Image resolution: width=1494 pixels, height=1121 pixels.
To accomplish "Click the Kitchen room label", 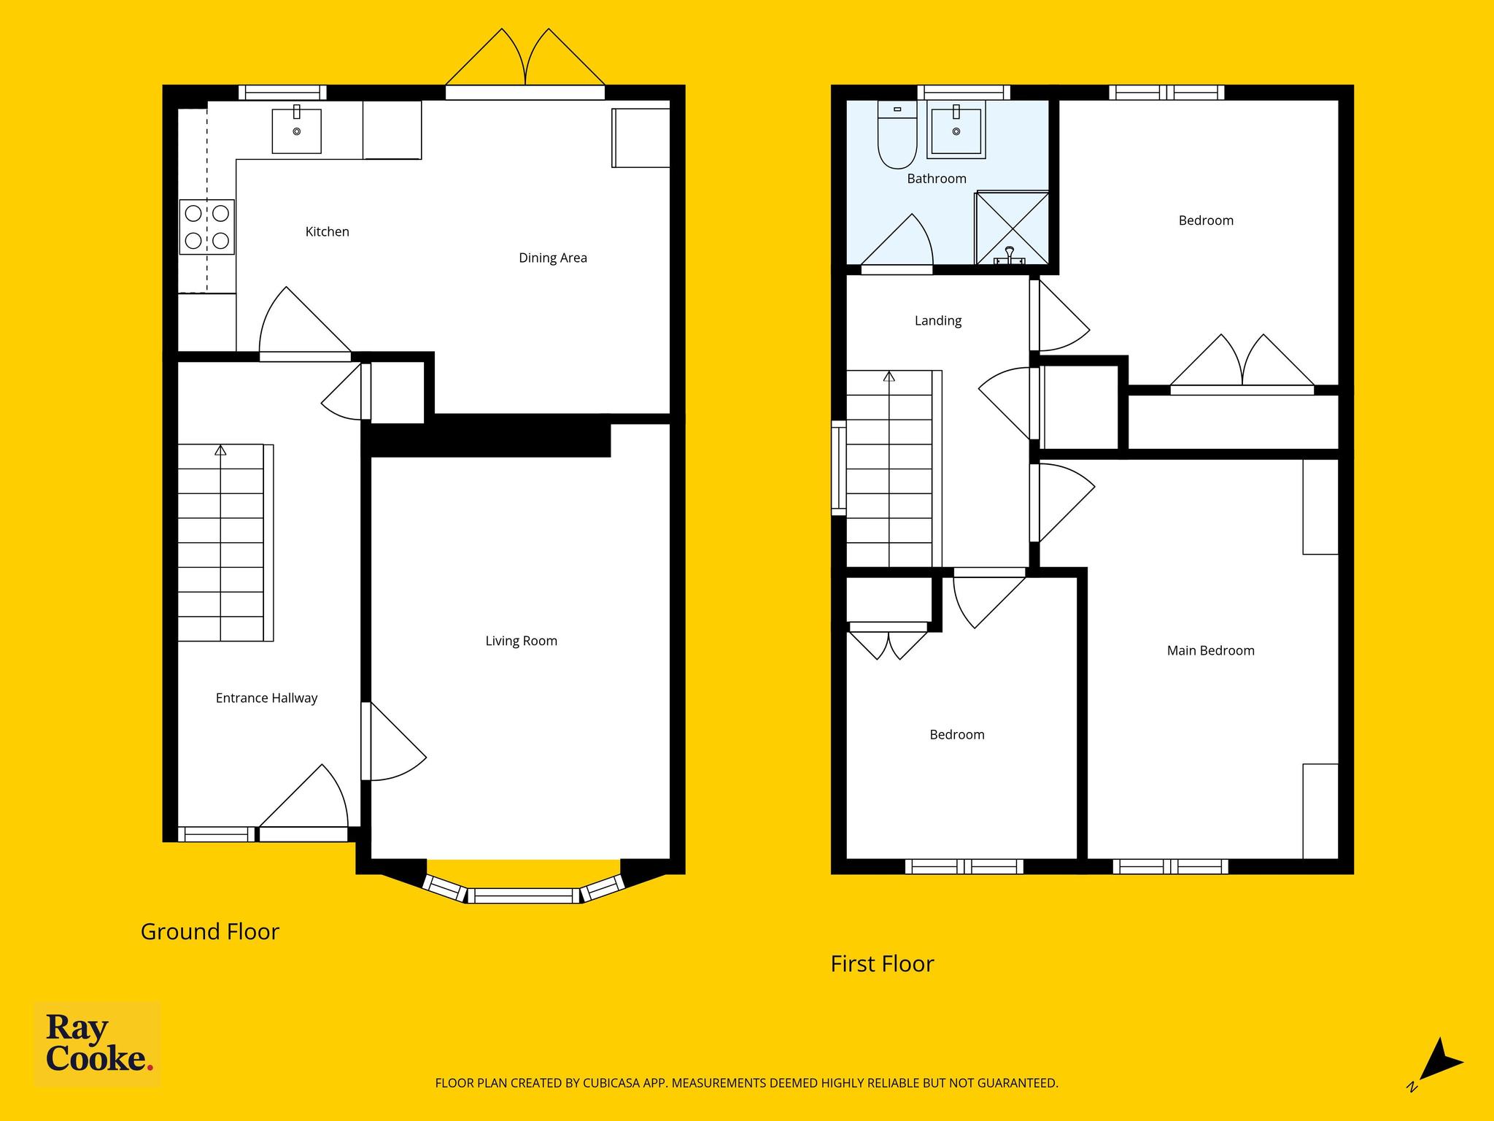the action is [327, 232].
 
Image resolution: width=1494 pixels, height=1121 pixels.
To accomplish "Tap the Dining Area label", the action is [553, 258].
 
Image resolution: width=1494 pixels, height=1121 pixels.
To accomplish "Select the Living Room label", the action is [522, 641].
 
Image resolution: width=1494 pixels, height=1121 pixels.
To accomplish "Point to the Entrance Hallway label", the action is [267, 698].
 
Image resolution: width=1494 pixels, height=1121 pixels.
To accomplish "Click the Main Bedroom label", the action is [1211, 650].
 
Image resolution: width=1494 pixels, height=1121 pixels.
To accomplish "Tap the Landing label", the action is [938, 320].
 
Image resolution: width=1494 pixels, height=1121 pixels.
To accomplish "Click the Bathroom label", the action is [937, 179].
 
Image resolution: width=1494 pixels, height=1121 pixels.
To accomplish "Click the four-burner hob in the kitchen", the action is [207, 227].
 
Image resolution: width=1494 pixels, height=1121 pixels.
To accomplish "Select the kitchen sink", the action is [297, 129].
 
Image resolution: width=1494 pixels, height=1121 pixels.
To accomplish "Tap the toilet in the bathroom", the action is [897, 135].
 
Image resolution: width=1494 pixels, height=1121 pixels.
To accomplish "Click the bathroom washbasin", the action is [956, 130].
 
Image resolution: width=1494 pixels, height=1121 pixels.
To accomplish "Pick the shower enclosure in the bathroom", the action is [1013, 228].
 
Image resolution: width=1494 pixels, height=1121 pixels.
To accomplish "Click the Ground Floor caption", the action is [210, 932].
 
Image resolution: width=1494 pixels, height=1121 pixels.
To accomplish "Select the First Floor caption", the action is [883, 964].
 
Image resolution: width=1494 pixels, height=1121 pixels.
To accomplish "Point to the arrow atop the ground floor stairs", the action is [220, 450].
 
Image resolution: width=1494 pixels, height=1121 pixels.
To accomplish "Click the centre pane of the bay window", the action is [524, 895].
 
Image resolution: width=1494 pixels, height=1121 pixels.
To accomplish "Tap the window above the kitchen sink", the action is [282, 93].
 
